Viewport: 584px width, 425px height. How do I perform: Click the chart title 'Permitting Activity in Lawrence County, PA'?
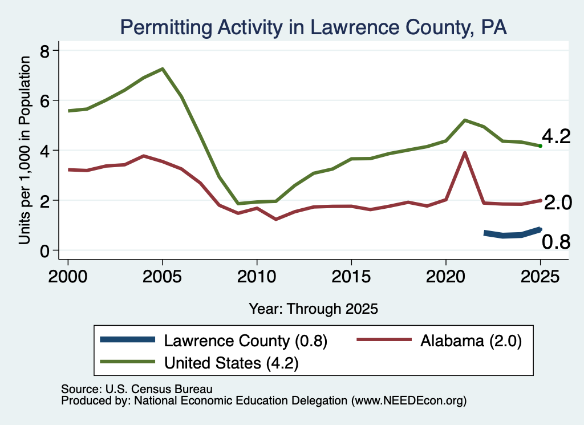click(313, 27)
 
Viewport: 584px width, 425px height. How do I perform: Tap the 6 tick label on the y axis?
click(44, 101)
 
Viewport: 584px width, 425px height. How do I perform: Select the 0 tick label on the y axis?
click(44, 251)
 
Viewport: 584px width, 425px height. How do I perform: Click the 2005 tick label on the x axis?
click(162, 277)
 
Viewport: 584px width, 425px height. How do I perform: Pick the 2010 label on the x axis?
click(257, 277)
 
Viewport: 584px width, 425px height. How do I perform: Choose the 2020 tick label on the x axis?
click(446, 277)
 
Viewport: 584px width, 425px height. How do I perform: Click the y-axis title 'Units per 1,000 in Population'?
click(25, 150)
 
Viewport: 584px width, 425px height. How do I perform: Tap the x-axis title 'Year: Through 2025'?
click(313, 309)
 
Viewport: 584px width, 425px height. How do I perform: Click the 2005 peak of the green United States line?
click(163, 69)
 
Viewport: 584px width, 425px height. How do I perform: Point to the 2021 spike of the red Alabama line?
click(464, 153)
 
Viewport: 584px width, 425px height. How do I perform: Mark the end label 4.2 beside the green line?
click(556, 136)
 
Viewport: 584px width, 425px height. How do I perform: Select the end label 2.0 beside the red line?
click(558, 203)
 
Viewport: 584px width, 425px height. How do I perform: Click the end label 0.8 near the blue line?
click(556, 242)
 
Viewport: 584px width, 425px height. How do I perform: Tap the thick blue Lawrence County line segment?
click(512, 234)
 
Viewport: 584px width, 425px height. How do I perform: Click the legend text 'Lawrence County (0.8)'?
click(246, 341)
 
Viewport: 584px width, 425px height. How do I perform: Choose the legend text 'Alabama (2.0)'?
click(471, 341)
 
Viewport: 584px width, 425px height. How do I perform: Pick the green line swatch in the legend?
click(127, 362)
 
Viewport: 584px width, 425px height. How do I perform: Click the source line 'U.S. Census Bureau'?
click(159, 389)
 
